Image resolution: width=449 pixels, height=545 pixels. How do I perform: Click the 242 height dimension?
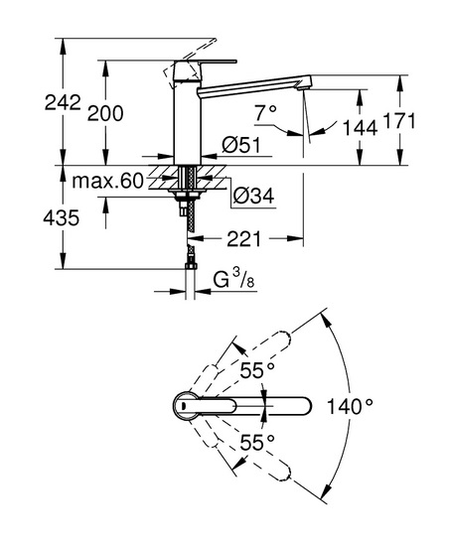point(63,103)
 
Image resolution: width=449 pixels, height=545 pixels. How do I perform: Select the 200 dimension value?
point(105,113)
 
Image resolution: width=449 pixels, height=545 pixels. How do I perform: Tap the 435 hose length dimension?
point(62,218)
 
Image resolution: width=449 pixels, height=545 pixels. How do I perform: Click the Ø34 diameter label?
point(253,196)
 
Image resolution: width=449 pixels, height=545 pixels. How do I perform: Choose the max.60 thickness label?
point(107,181)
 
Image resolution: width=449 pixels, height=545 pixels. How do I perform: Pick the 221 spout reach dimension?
point(243,239)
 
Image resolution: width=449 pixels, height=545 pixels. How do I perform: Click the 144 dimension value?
point(360,127)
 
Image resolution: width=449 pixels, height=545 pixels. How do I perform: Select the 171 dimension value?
point(398,121)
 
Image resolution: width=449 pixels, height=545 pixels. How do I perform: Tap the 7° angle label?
point(265,113)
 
